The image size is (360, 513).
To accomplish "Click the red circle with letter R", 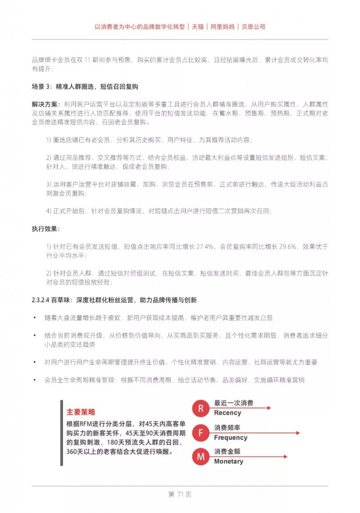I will click(201, 409).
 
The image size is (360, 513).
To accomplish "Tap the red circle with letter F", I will click(201, 433).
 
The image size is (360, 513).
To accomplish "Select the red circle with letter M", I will click(201, 457).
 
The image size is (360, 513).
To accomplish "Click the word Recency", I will click(228, 413).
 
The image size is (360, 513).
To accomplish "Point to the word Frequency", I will click(230, 437).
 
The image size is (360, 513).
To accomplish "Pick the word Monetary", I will click(229, 461).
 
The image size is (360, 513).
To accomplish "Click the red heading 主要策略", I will click(81, 412).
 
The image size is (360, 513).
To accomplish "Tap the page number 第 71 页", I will click(180, 494).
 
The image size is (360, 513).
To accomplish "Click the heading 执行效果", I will click(45, 229).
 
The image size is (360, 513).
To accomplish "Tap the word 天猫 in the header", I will click(198, 27).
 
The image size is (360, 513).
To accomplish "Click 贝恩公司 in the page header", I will click(253, 27).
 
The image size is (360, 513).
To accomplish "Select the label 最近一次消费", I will click(233, 403).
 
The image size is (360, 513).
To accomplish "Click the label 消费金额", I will click(227, 451).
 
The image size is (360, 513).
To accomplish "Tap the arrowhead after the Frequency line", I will click(297, 433).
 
